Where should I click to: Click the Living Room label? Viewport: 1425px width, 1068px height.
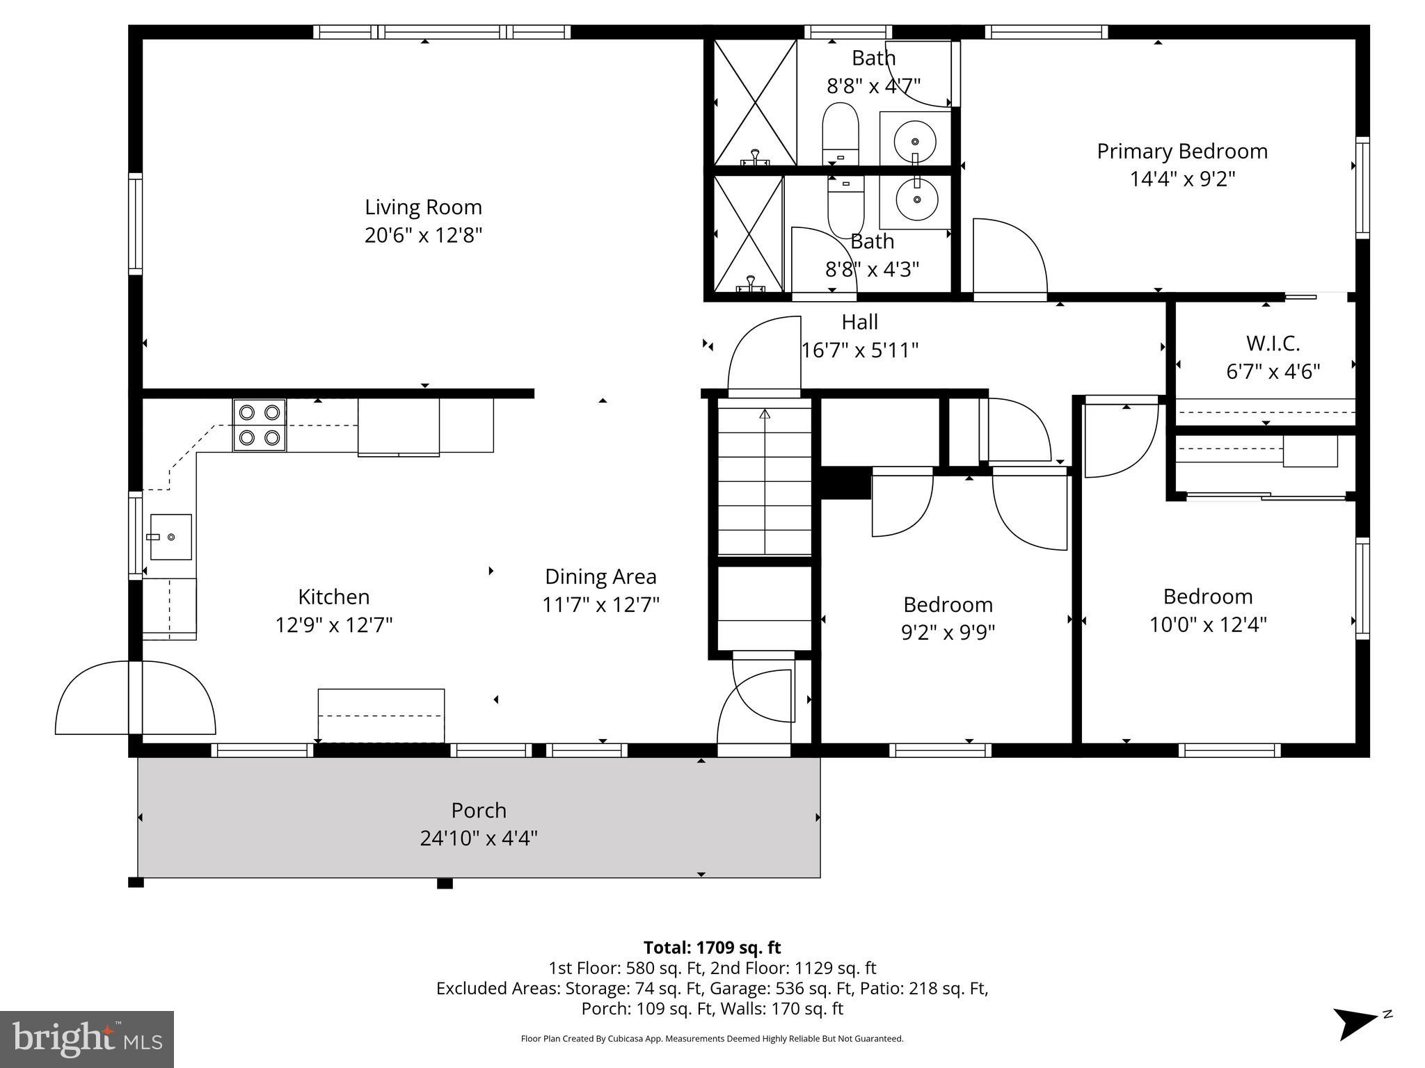pyautogui.click(x=423, y=207)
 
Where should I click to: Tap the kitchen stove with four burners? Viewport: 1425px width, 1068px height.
pyautogui.click(x=259, y=426)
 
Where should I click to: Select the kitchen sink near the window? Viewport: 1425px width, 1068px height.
pyautogui.click(x=170, y=537)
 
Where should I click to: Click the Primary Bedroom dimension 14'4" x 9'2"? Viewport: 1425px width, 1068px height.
pyautogui.click(x=1181, y=179)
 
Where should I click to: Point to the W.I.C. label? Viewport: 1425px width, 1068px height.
pyautogui.click(x=1273, y=343)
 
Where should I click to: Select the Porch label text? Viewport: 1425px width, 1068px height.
pyautogui.click(x=479, y=811)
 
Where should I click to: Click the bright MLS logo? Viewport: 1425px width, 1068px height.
pyautogui.click(x=87, y=1039)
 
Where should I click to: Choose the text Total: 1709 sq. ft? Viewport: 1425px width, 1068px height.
pyautogui.click(x=712, y=948)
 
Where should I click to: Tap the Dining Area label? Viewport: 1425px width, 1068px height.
pyautogui.click(x=600, y=576)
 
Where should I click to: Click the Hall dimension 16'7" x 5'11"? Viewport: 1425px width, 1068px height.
pyautogui.click(x=860, y=350)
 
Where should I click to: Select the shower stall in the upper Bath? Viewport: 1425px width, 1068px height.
pyautogui.click(x=755, y=102)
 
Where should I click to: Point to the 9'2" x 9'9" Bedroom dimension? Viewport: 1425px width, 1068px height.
pyautogui.click(x=948, y=632)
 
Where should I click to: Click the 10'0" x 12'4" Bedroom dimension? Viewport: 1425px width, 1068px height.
pyautogui.click(x=1207, y=624)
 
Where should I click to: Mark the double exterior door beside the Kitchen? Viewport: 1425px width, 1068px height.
pyautogui.click(x=135, y=698)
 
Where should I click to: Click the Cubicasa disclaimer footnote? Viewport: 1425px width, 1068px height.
pyautogui.click(x=712, y=1039)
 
